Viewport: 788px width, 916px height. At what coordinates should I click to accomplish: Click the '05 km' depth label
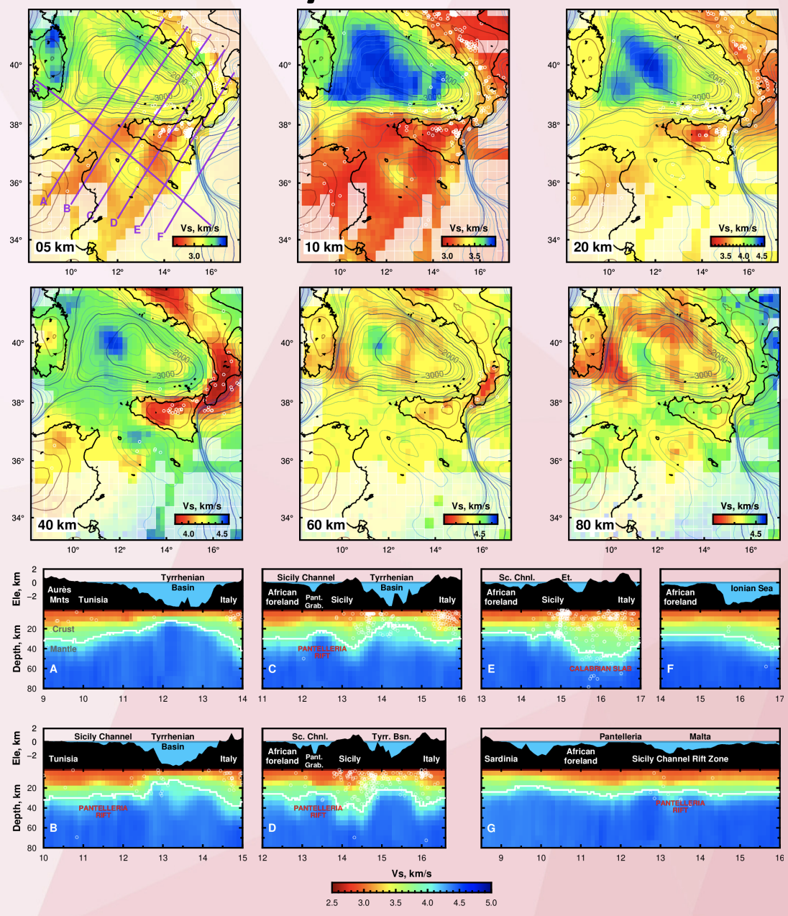pos(55,247)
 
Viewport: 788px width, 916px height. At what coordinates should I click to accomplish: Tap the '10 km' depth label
pos(324,247)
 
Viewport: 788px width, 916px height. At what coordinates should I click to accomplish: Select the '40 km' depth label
pos(57,525)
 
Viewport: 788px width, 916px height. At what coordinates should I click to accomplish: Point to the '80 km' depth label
pos(595,525)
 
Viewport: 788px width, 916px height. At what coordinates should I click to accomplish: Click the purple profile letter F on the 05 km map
pos(160,237)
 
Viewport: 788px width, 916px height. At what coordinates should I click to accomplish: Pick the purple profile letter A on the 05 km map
pos(44,201)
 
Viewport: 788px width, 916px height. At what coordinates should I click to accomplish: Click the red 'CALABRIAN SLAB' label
pos(601,669)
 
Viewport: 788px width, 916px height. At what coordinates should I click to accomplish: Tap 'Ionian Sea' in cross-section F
pos(751,588)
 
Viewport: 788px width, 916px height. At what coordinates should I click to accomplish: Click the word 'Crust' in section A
pos(63,629)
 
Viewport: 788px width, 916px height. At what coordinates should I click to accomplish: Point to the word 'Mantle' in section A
pos(63,649)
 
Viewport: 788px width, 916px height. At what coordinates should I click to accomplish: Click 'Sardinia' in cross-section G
pos(501,759)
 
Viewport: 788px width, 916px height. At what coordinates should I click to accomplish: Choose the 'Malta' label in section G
pos(700,736)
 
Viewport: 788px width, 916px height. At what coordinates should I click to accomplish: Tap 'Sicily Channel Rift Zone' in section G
pos(679,759)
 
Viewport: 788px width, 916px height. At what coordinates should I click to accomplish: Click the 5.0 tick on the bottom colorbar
pos(491,903)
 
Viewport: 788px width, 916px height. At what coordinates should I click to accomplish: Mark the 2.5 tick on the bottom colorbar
pos(332,903)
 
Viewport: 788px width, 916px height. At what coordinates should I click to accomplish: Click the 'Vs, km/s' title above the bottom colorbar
pos(411,874)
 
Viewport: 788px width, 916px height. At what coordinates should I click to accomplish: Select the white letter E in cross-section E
pos(491,669)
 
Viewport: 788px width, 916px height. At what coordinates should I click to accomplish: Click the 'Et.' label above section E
pos(567,577)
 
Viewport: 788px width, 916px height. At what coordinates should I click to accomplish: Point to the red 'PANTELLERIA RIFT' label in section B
pos(104,812)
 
